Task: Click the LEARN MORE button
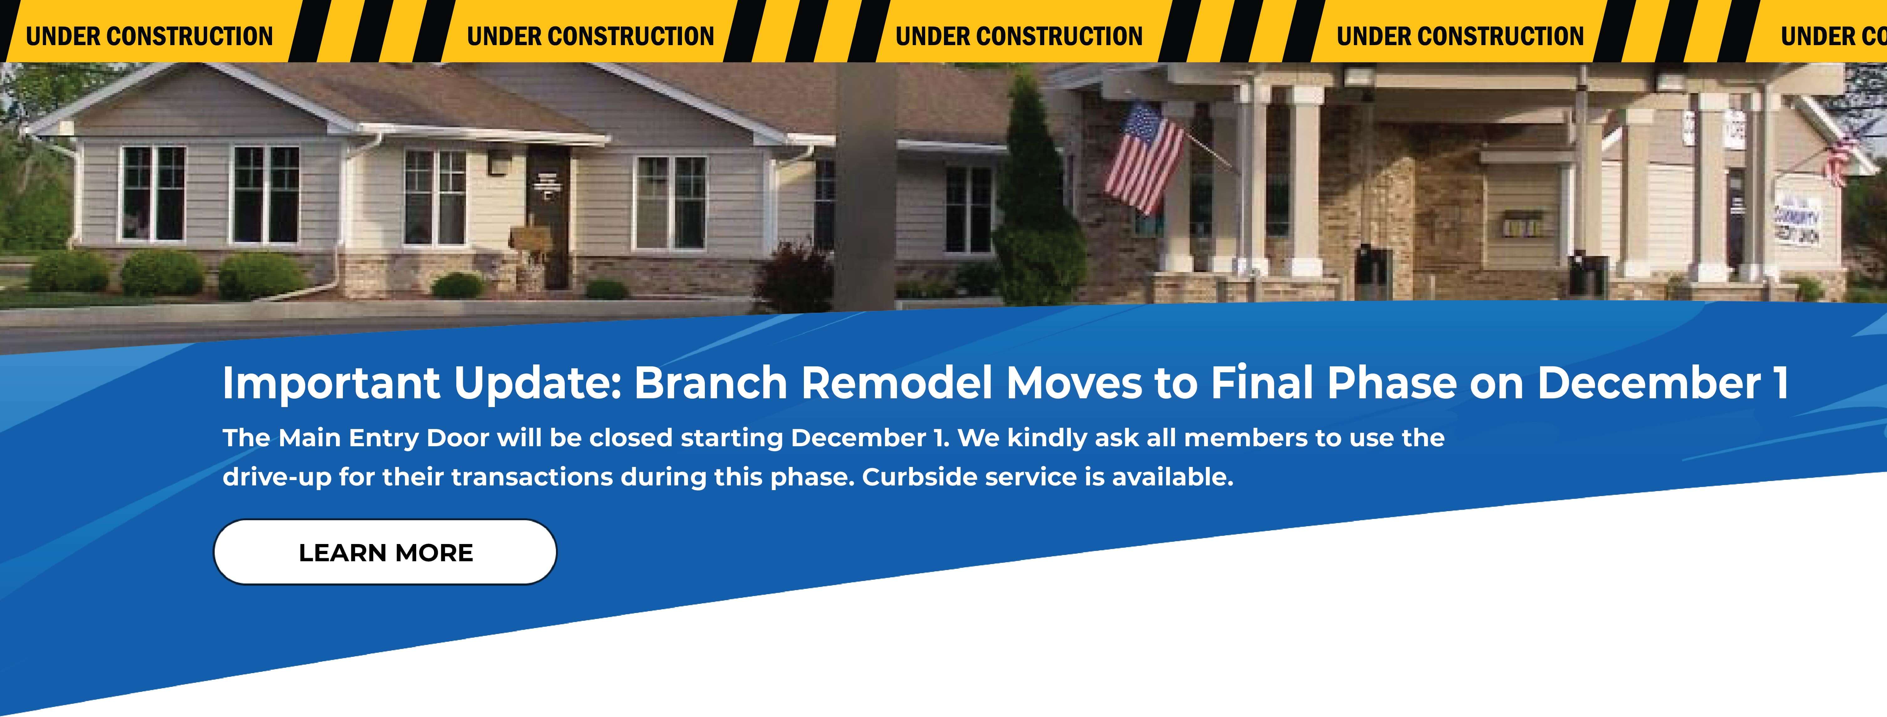click(385, 552)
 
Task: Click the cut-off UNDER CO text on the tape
click(1833, 36)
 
